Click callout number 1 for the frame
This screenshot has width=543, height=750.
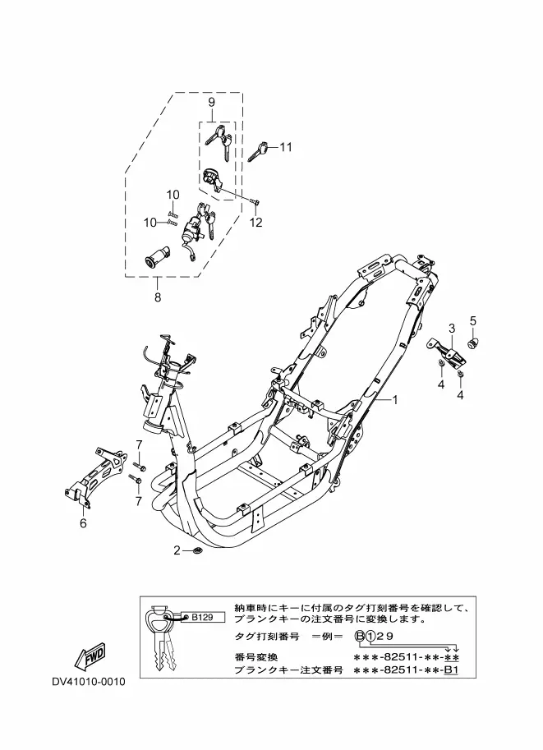coord(394,400)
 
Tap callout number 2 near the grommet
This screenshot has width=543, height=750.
coord(176,550)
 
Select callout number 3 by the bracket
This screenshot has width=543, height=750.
coord(450,329)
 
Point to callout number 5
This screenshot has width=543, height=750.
coord(473,320)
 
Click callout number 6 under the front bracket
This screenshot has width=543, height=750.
coord(83,521)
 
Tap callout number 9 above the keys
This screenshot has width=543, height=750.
coord(211,102)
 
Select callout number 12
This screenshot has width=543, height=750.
coord(255,222)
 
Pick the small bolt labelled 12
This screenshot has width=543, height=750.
coord(256,200)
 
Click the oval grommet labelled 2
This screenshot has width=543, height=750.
coord(197,550)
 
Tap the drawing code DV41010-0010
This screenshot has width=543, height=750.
coord(88,682)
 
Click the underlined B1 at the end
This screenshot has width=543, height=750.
coord(451,671)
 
